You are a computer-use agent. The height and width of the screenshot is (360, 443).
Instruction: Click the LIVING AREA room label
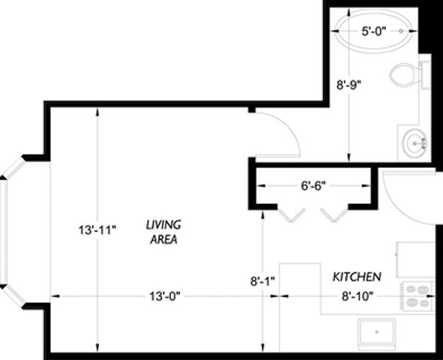pyautogui.click(x=163, y=232)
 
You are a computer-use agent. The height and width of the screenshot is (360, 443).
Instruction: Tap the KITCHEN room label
pyautogui.click(x=357, y=277)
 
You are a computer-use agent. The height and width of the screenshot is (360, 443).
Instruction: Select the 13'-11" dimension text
pyautogui.click(x=98, y=229)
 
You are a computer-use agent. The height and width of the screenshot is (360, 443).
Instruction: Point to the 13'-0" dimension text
pyautogui.click(x=163, y=296)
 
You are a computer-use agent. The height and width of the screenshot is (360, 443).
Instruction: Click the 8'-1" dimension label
pyautogui.click(x=263, y=281)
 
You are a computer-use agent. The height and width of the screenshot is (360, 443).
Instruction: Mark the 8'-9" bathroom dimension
pyautogui.click(x=349, y=85)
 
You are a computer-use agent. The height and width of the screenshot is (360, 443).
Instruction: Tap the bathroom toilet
pyautogui.click(x=409, y=75)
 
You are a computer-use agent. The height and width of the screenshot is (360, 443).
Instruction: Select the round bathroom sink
pyautogui.click(x=415, y=142)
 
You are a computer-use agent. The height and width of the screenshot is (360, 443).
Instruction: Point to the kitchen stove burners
pyautogui.click(x=417, y=296)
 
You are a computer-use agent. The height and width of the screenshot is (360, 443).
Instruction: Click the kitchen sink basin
pyautogui.click(x=376, y=331)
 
